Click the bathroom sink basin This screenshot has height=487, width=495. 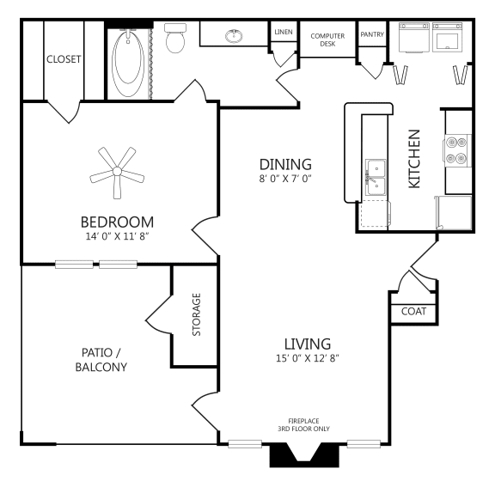[x=233, y=36]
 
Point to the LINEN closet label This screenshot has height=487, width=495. [x=283, y=32]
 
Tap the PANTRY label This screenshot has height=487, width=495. [x=372, y=34]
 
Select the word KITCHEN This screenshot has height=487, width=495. [x=413, y=159]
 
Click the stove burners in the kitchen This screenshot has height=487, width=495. [x=456, y=150]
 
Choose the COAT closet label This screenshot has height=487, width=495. [x=413, y=311]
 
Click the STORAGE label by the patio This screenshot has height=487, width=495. [x=196, y=314]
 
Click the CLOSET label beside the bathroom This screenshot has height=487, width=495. [x=63, y=59]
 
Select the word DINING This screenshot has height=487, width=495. [x=285, y=164]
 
